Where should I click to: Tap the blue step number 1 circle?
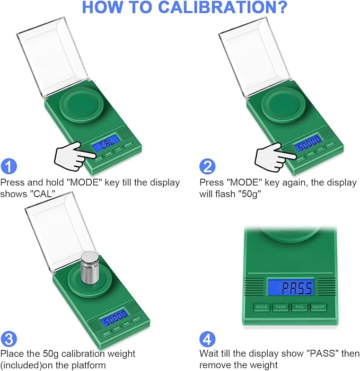(8, 167)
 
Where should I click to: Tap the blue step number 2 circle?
(208, 167)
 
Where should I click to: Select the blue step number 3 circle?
(8, 338)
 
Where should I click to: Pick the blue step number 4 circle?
(208, 338)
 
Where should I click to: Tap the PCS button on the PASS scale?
(299, 307)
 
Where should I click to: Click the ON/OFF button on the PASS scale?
(319, 307)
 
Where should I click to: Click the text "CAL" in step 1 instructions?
(45, 193)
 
